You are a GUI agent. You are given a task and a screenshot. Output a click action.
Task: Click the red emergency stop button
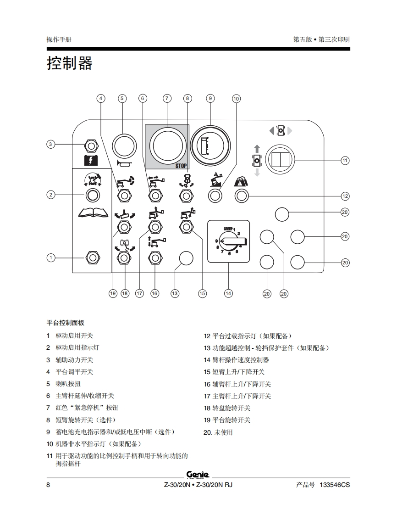click(167, 146)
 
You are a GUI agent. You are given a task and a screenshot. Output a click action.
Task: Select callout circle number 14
click(228, 293)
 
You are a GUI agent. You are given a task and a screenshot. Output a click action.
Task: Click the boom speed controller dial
click(229, 241)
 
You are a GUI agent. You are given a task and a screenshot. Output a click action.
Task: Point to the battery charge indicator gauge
click(210, 146)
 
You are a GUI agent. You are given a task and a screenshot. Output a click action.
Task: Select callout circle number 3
click(51, 144)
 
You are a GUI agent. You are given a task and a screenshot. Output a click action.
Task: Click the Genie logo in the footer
click(198, 474)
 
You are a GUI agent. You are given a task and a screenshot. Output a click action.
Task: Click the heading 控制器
click(69, 63)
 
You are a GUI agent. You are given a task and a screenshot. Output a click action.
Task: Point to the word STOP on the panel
click(181, 166)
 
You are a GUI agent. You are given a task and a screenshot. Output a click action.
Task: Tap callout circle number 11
click(345, 160)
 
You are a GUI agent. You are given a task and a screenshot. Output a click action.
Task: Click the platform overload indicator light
click(242, 196)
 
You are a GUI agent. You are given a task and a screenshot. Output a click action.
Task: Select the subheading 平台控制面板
click(66, 323)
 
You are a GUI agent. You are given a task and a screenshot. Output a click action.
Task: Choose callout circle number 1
click(51, 257)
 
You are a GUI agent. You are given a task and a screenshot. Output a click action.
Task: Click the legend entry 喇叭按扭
click(68, 384)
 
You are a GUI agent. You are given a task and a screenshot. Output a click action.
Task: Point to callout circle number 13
click(175, 293)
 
